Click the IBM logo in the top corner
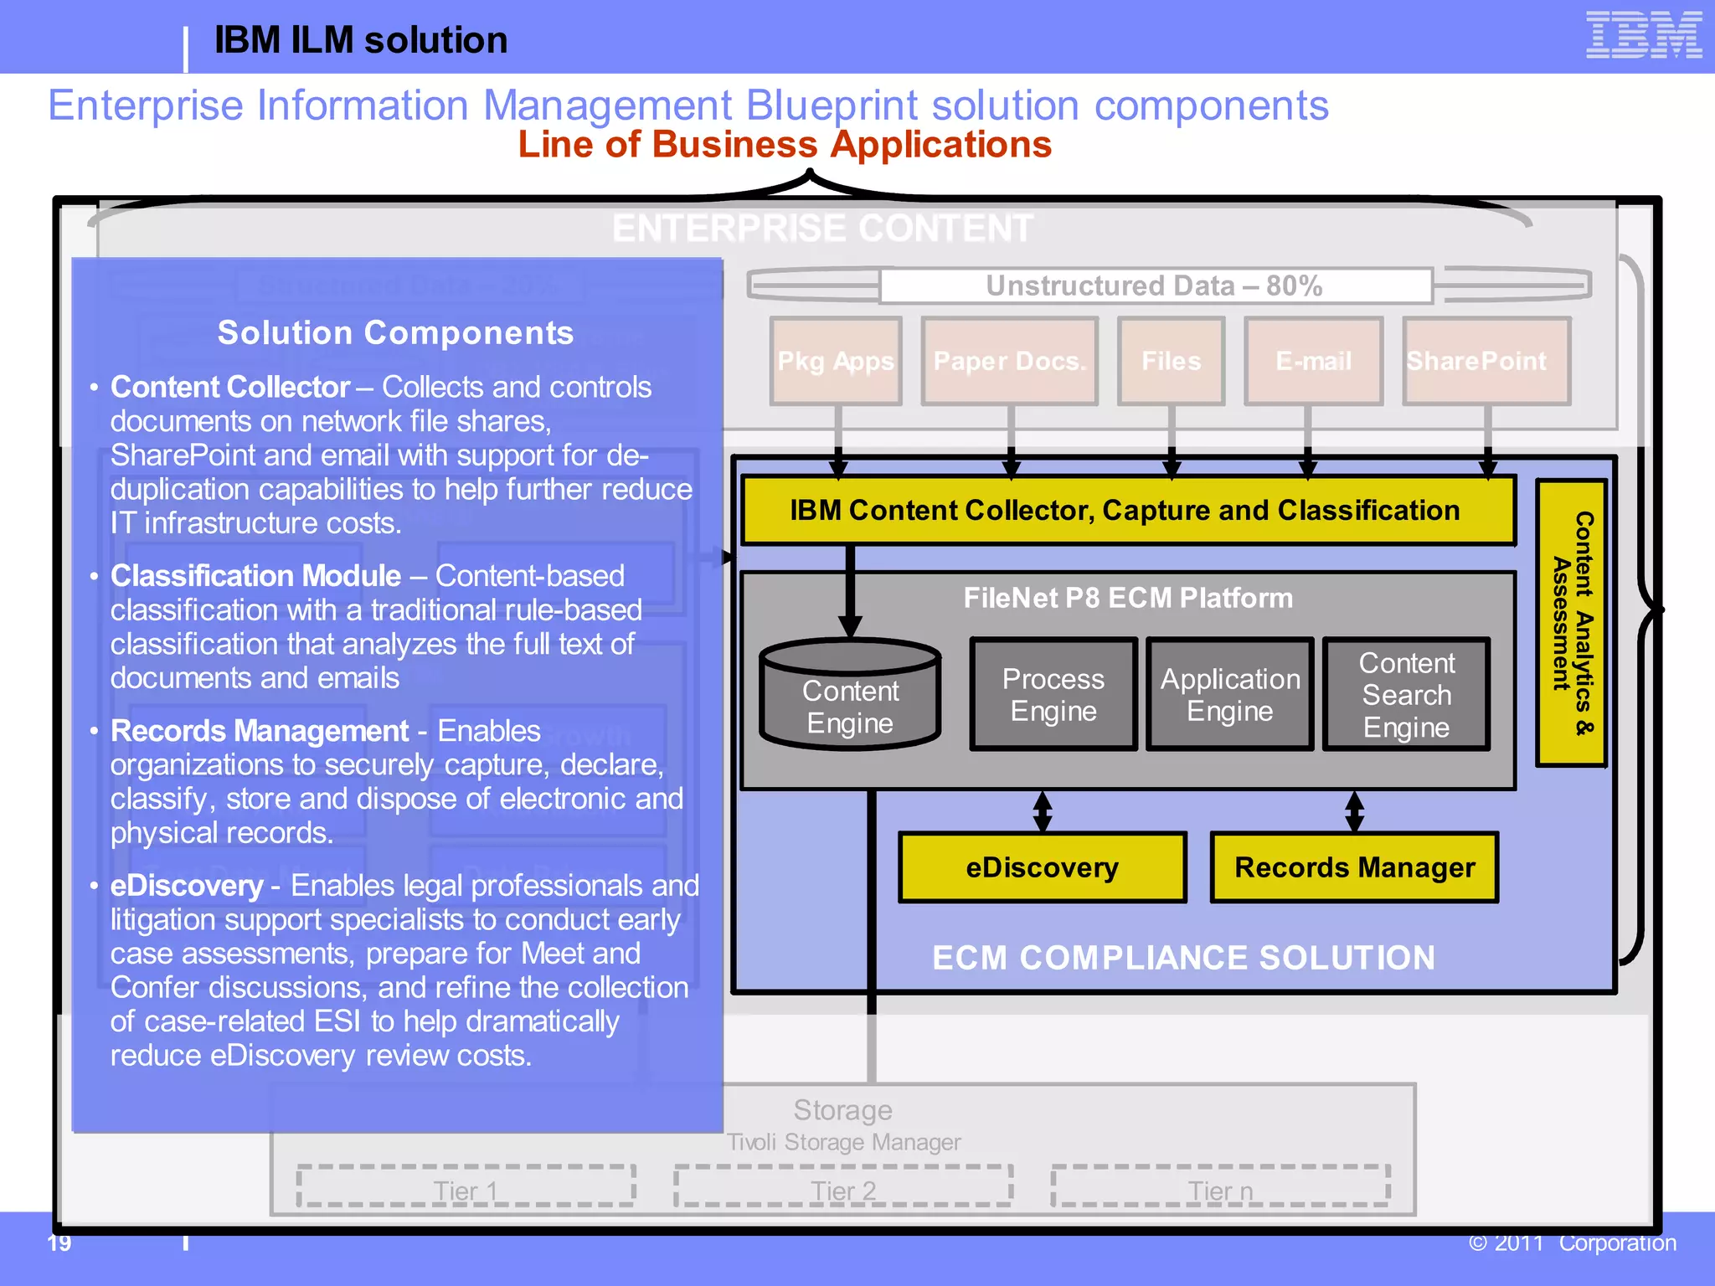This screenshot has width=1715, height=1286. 1643,35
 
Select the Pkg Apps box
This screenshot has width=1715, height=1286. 836,361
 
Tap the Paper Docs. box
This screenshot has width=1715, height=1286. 1009,361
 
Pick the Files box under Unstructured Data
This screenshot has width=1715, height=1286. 1171,361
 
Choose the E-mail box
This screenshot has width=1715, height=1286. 1313,361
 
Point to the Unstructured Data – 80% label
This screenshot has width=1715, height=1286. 1154,286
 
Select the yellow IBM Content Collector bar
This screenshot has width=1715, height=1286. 1126,511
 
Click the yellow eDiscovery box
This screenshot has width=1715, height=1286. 1042,867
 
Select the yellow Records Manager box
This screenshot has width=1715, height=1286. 1354,867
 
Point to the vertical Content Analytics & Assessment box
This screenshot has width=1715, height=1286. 1571,623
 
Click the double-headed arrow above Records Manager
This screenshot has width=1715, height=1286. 1354,811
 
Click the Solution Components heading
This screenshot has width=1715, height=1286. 395,333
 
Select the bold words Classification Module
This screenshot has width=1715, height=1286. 255,576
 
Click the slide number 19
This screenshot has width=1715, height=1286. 59,1243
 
